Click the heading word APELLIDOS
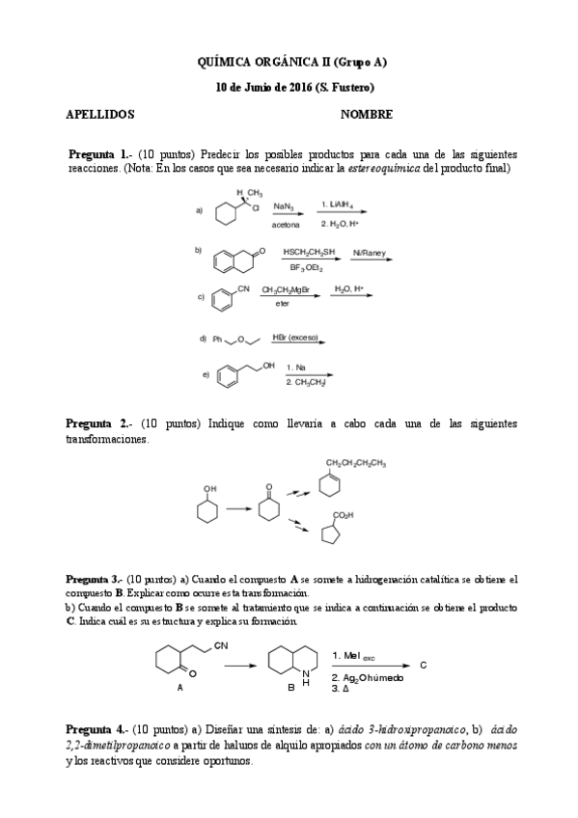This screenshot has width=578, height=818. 99,114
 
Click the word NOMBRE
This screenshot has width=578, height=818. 366,114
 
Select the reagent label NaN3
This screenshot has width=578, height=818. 285,206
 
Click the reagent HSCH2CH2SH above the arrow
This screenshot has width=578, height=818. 309,253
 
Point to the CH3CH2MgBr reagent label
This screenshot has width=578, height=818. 286,288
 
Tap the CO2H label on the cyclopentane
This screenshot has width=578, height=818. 344,516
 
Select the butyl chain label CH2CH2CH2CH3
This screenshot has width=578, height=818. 357,462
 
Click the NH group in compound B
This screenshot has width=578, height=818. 305,678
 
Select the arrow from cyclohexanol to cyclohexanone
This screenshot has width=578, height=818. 238,508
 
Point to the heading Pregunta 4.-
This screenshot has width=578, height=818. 95,730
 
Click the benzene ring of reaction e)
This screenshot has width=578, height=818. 228,378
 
